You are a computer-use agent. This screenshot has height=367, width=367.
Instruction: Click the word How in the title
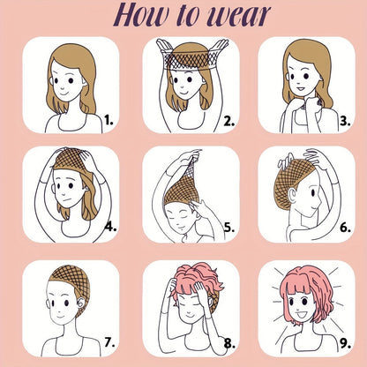pyautogui.click(x=141, y=15)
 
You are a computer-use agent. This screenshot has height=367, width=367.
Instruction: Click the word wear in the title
pyautogui.click(x=238, y=16)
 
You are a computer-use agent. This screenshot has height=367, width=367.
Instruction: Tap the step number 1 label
pyautogui.click(x=109, y=120)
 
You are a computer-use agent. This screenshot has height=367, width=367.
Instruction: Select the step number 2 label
pyautogui.click(x=229, y=121)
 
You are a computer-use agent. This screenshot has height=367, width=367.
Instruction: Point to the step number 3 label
pyautogui.click(x=345, y=121)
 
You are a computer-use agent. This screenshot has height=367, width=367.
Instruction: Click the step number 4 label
pyautogui.click(x=111, y=227)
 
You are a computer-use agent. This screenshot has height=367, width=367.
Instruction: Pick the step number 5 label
pyautogui.click(x=229, y=228)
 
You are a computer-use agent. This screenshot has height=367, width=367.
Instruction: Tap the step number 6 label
pyautogui.click(x=346, y=228)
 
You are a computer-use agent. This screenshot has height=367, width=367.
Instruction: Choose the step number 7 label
pyautogui.click(x=109, y=342)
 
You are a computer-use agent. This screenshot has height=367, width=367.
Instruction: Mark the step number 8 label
pyautogui.click(x=229, y=343)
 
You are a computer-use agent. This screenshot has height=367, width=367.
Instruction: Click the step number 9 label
pyautogui.click(x=346, y=343)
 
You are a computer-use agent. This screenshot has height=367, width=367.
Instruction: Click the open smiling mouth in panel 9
pyautogui.click(x=302, y=315)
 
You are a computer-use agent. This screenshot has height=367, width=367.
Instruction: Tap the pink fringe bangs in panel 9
pyautogui.click(x=295, y=289)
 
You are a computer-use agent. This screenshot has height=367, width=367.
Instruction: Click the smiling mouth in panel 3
pyautogui.click(x=301, y=88)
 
